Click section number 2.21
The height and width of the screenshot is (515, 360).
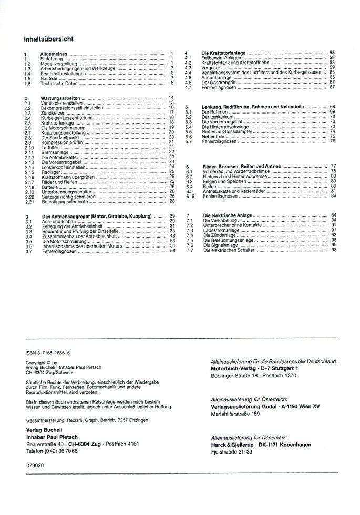[29, 201]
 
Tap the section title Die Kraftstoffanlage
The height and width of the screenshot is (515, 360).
[224, 53]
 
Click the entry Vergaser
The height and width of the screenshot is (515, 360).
[211, 67]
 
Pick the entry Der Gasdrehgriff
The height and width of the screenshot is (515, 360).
[219, 82]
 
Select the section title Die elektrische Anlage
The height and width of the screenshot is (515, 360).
[227, 215]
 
